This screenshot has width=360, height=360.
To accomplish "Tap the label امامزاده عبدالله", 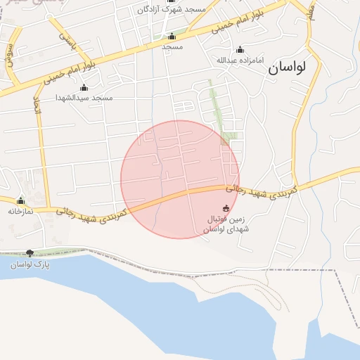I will [x=240, y=60].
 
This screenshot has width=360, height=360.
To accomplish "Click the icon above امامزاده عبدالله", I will [x=240, y=49].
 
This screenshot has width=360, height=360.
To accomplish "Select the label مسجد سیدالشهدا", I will [x=85, y=98].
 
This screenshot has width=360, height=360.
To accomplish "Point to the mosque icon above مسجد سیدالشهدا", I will [x=84, y=87].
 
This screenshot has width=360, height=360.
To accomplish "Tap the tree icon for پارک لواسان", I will [x=30, y=253].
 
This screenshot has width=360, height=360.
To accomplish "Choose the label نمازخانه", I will [x=21, y=211].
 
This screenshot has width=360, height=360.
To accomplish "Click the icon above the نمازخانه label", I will [x=20, y=200].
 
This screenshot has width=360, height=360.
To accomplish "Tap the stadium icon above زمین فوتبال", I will [x=226, y=208].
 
